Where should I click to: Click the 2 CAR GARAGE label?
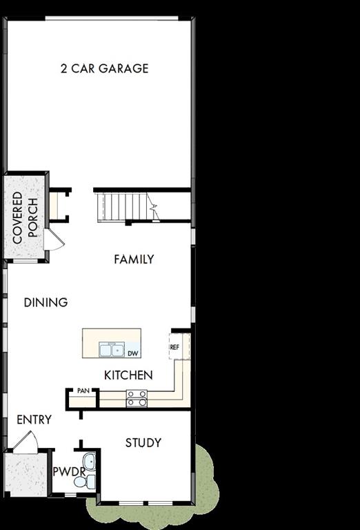pyautogui.click(x=104, y=68)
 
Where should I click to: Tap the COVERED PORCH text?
pyautogui.click(x=25, y=216)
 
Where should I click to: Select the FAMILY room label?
pyautogui.click(x=134, y=259)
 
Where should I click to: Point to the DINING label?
pyautogui.click(x=46, y=302)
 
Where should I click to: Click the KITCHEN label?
pyautogui.click(x=128, y=375)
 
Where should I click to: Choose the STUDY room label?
pyautogui.click(x=143, y=442)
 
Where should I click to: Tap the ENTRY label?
pyautogui.click(x=34, y=420)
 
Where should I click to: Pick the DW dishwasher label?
pyautogui.click(x=132, y=353)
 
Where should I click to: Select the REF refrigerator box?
pyautogui.click(x=174, y=347)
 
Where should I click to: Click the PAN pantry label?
pyautogui.click(x=83, y=391)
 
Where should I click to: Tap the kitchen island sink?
pyautogui.click(x=110, y=350)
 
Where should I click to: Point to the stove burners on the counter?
pyautogui.click(x=137, y=398)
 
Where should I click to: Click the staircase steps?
pyautogui.click(x=122, y=206)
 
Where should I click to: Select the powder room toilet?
pyautogui.click(x=81, y=482)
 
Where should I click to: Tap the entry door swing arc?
pyautogui.click(x=26, y=442)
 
